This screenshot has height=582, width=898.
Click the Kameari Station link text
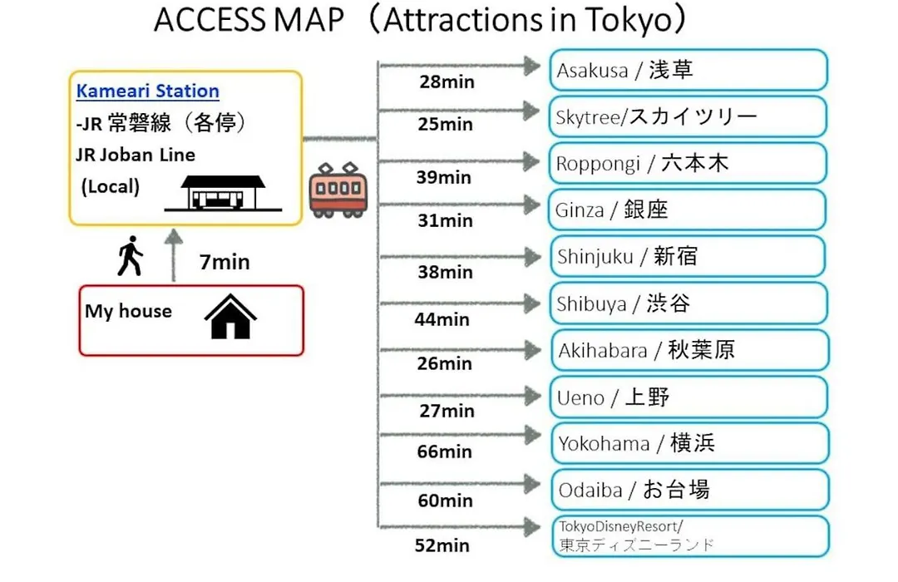click(148, 91)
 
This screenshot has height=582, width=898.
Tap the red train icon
click(338, 190)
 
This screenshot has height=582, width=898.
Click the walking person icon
click(131, 255)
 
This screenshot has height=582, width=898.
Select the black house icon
click(231, 317)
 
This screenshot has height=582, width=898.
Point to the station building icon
click(224, 193)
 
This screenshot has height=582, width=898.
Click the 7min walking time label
click(224, 262)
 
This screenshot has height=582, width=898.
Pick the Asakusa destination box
click(688, 70)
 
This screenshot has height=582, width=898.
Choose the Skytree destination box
click(688, 117)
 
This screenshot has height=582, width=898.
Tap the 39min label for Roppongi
click(444, 177)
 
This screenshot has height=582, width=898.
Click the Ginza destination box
click(688, 210)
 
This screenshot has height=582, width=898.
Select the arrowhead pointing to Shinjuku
click(533, 257)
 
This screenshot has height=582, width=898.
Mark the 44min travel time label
click(442, 319)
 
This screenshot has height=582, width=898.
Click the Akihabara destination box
click(690, 350)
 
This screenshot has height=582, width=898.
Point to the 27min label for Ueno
click(447, 411)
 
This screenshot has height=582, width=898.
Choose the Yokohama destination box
click(690, 443)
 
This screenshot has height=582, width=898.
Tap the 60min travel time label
click(446, 500)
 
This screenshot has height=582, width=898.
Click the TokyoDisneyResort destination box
click(690, 537)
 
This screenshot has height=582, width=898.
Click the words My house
click(128, 311)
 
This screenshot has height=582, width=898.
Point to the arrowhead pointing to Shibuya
click(533, 303)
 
